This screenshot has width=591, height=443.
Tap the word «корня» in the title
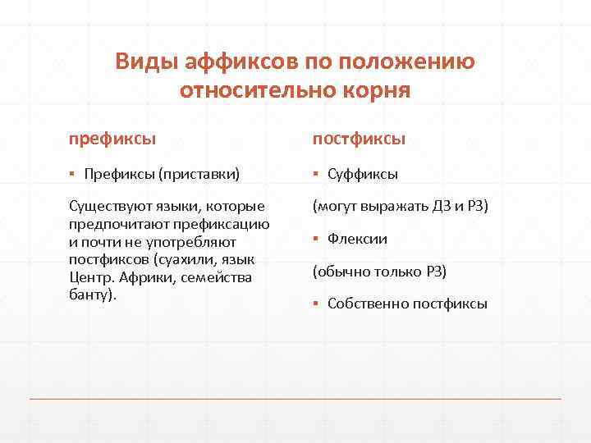(x=374, y=89)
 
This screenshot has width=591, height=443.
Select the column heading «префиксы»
(x=112, y=139)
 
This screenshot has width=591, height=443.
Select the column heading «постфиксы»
(x=358, y=139)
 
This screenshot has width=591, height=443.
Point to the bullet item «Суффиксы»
(x=363, y=174)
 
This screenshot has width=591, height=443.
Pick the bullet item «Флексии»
(x=357, y=239)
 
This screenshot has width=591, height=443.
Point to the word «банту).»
(x=93, y=294)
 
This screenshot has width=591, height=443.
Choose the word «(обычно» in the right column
(x=340, y=271)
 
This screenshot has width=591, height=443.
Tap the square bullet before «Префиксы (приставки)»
(x=72, y=174)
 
